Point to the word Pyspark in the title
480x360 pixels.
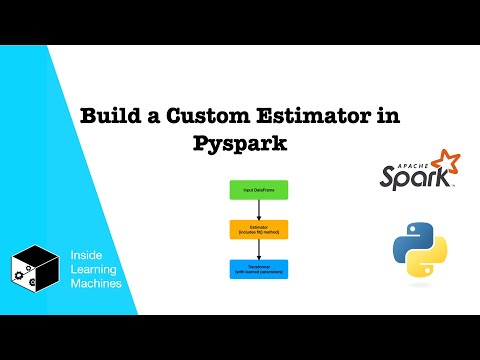pyautogui.click(x=240, y=143)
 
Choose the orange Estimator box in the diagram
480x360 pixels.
pyautogui.click(x=259, y=229)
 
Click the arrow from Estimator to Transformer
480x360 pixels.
pyautogui.click(x=259, y=249)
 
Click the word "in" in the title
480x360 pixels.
pyautogui.click(x=381, y=117)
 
